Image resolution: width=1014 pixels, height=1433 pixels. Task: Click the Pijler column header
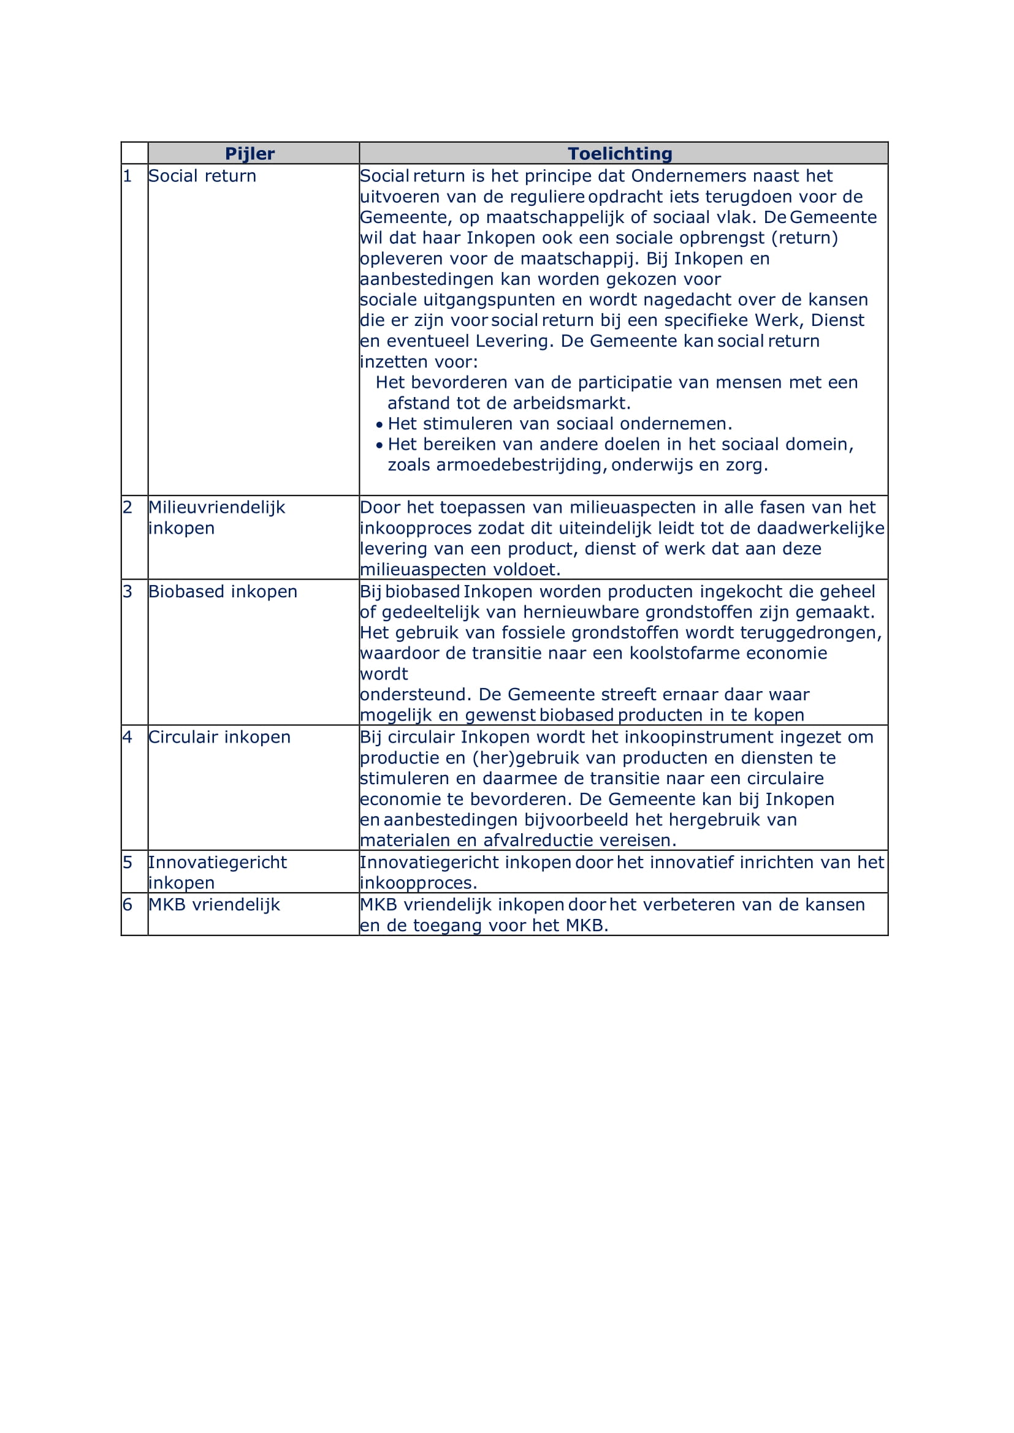250,154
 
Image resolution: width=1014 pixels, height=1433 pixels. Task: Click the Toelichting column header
619,154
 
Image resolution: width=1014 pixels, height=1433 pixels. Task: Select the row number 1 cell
128,176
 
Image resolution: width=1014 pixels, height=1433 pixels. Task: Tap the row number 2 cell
128,507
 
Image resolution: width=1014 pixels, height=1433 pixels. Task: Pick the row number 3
128,592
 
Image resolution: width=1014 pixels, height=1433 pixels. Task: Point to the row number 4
128,737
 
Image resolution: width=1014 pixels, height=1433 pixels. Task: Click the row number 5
128,863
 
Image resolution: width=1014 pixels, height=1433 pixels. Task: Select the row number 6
128,905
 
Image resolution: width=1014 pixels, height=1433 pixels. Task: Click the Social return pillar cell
202,176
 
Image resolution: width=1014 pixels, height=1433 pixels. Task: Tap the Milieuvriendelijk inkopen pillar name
216,518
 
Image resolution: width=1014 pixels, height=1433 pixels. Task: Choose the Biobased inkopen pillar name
223,592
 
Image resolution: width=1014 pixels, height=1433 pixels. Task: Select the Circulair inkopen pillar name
219,737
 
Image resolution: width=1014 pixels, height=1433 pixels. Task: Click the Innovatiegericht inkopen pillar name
216,872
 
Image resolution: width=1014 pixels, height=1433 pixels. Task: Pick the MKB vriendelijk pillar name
214,905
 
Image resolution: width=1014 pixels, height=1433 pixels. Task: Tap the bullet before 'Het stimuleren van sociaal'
379,425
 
